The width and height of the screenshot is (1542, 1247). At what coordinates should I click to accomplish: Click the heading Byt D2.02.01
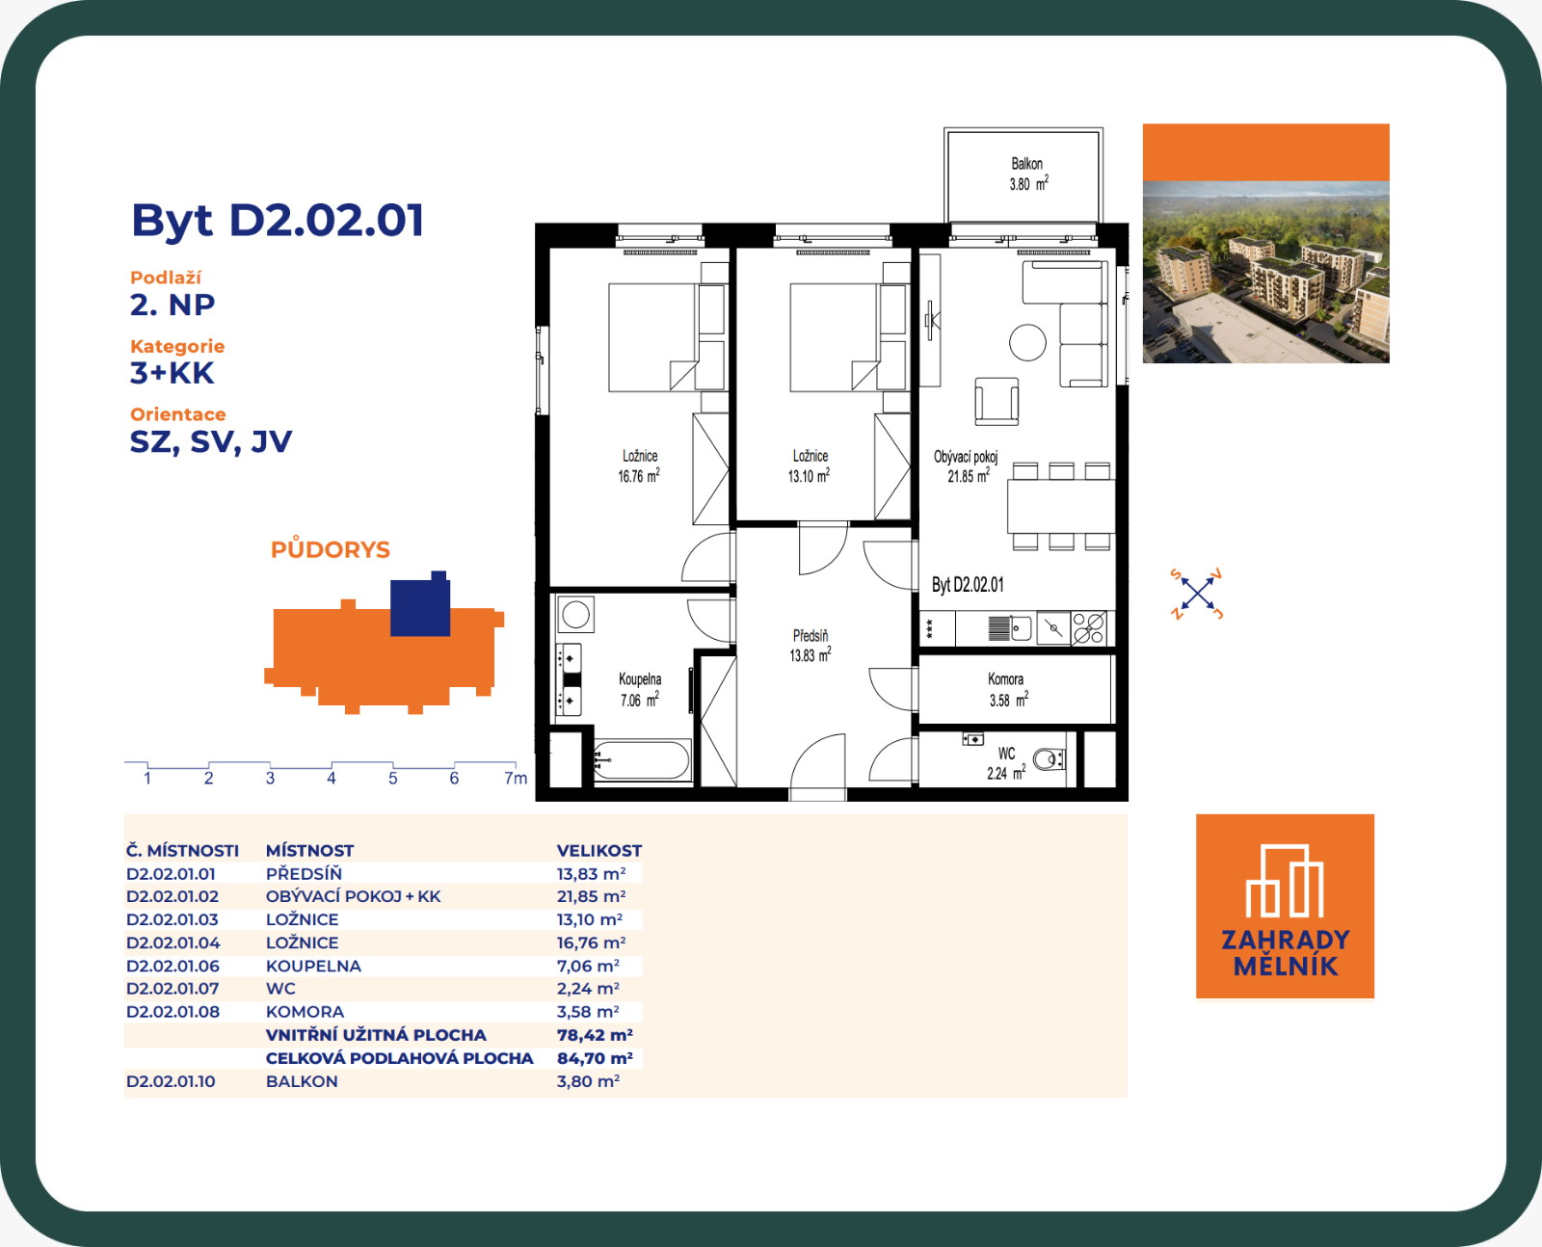(278, 220)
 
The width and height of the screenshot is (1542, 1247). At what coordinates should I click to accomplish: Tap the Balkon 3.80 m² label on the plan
(1028, 174)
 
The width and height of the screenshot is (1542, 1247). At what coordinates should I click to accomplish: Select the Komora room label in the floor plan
(1007, 690)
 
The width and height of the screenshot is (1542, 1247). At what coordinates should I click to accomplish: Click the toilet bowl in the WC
(1049, 759)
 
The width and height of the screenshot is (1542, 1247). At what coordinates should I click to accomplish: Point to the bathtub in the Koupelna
(642, 759)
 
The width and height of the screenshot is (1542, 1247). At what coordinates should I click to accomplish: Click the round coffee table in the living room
(1027, 342)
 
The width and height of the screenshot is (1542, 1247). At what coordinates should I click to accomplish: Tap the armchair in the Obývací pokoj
(997, 401)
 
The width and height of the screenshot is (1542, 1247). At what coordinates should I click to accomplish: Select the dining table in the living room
(1061, 507)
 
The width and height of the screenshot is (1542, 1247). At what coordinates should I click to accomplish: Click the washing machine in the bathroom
(575, 615)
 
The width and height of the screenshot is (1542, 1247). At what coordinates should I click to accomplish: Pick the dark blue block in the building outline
(420, 604)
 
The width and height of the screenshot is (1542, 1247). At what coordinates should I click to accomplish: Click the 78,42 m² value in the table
(595, 1035)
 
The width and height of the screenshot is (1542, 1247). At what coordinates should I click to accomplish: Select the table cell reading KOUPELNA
(313, 966)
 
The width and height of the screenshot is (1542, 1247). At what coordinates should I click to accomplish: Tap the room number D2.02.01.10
(171, 1081)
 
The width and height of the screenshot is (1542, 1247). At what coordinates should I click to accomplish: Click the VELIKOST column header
(598, 850)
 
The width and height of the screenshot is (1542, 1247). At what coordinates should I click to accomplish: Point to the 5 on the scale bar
(392, 779)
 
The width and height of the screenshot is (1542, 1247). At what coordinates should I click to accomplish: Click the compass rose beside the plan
(1197, 594)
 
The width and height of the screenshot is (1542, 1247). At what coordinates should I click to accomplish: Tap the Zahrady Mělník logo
(1285, 906)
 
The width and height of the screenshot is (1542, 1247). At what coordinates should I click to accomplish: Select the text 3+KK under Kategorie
(172, 374)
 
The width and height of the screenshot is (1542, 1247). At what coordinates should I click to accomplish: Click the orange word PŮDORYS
(331, 549)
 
